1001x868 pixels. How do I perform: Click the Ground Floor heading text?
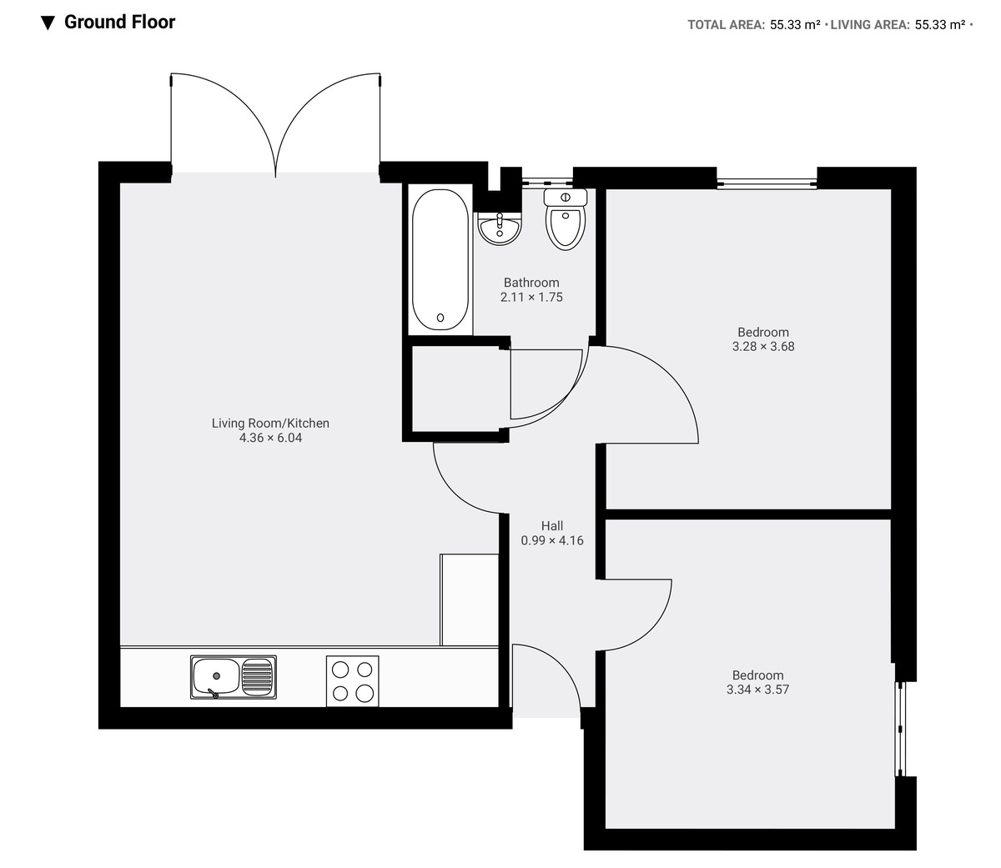(x=119, y=23)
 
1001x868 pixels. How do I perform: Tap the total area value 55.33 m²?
(x=795, y=25)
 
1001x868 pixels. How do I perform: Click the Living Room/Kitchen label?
(x=270, y=423)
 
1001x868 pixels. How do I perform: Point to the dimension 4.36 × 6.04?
(x=270, y=438)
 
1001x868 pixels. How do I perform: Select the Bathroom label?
(x=531, y=283)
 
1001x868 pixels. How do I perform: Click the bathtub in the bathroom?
(x=440, y=261)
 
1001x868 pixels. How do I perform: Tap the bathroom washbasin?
(x=499, y=228)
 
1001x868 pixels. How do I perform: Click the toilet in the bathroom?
(x=566, y=220)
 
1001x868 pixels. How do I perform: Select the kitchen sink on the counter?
(x=234, y=676)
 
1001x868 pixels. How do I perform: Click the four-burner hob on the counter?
(x=352, y=680)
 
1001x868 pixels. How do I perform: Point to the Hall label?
(x=551, y=525)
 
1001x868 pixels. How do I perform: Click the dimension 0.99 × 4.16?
(x=551, y=540)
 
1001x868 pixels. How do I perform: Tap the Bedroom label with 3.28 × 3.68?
(x=762, y=332)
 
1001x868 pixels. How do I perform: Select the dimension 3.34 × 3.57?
(x=757, y=690)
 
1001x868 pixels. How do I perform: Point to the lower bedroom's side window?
(x=900, y=730)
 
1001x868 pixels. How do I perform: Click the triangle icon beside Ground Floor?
(x=48, y=23)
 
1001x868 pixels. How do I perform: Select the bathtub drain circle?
(x=440, y=318)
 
